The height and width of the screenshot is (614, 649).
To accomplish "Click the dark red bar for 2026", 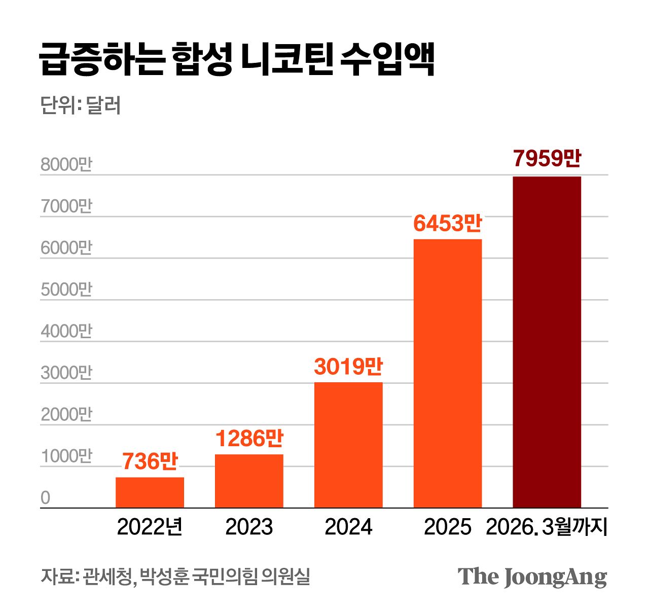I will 547,342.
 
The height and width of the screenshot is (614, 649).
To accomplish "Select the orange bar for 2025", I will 447,373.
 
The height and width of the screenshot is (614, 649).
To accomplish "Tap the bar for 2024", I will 348,445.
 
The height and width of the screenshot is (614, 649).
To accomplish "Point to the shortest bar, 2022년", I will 150,492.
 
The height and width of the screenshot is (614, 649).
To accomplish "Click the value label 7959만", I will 547,159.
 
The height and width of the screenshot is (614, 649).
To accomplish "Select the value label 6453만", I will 447,223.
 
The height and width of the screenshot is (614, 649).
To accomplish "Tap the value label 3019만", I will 348,366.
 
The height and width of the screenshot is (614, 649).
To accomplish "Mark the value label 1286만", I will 249,439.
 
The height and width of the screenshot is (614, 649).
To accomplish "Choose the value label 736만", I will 150,461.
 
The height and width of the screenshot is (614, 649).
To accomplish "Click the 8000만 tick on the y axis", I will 66,165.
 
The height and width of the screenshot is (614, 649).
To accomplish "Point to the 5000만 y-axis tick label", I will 66,290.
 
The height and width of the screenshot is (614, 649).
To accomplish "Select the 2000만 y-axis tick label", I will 66,414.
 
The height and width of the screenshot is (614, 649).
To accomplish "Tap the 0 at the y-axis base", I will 46,498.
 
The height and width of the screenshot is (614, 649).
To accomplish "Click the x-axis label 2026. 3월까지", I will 546,527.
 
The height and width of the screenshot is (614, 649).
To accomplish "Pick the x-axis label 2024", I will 348,527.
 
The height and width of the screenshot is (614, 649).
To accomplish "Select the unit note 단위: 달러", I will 81,105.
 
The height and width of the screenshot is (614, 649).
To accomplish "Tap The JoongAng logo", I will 532,577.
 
